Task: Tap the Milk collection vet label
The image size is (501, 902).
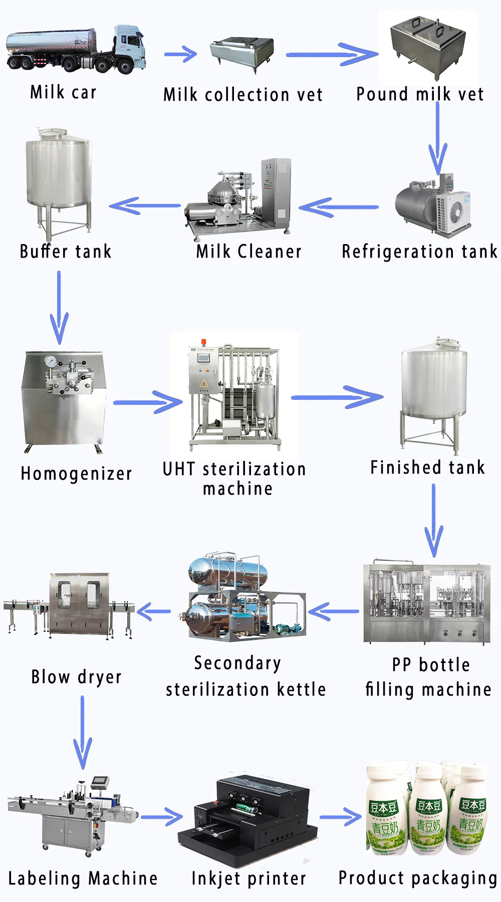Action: (243, 95)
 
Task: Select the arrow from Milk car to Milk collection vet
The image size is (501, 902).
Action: (181, 54)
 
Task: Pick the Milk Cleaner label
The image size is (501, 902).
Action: (249, 251)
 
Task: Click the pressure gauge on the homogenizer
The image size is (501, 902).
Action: (50, 361)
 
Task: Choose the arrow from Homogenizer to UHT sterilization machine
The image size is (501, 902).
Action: (148, 402)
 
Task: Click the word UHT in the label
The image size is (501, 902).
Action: (178, 470)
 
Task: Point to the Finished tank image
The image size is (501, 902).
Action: (433, 396)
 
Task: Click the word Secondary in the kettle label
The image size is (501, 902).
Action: (237, 663)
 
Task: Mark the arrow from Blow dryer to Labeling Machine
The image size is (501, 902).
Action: (83, 732)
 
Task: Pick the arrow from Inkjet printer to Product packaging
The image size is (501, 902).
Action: (341, 817)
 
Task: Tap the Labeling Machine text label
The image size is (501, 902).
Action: (83, 878)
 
